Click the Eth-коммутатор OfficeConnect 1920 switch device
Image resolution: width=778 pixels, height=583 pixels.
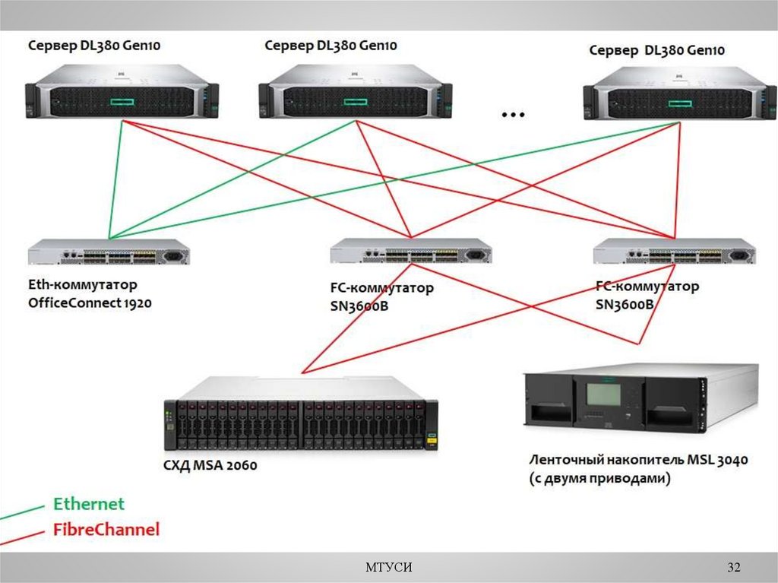[109, 252]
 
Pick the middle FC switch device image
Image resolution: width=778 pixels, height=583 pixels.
[412, 252]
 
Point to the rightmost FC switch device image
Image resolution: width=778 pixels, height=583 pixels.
[674, 251]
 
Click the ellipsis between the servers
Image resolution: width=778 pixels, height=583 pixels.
[514, 115]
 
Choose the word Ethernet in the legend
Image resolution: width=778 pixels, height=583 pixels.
[88, 504]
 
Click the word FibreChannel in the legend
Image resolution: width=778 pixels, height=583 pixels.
[106, 530]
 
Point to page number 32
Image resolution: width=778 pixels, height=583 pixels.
[733, 568]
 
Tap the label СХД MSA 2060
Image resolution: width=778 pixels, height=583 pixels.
[211, 464]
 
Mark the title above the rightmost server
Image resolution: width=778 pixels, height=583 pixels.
[657, 50]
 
